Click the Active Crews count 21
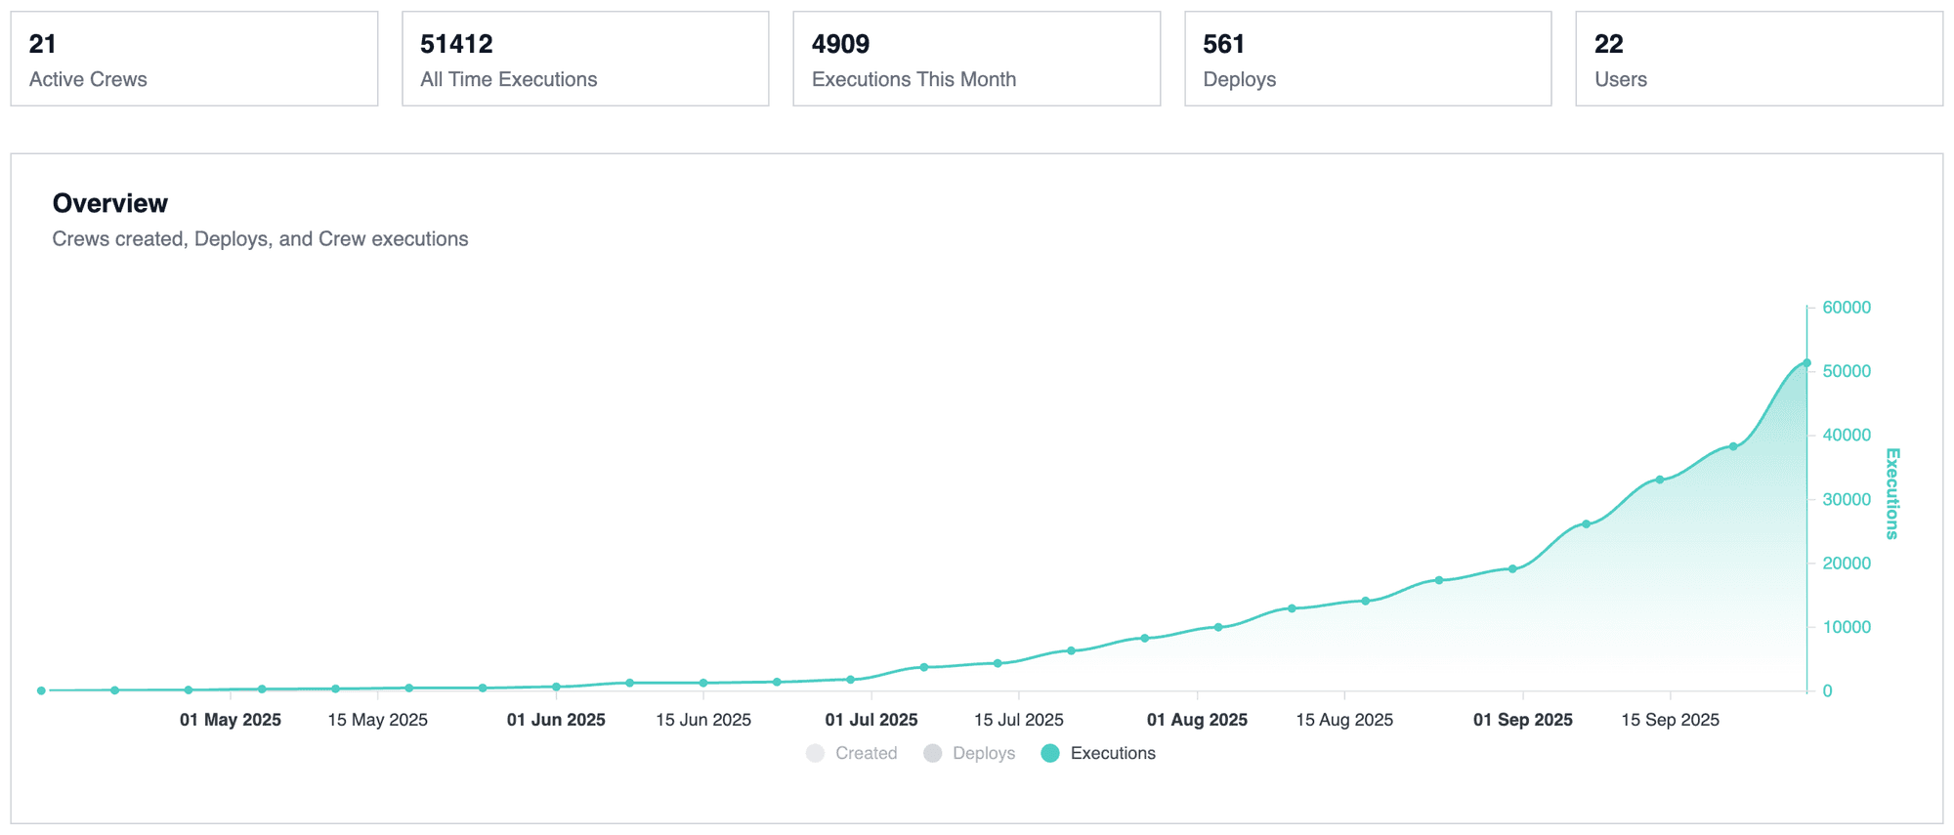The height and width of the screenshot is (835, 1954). coord(43,44)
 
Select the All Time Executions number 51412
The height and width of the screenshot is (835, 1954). coord(456,44)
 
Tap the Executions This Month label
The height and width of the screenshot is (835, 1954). coord(913,79)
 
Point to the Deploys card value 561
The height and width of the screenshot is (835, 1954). coord(1223,44)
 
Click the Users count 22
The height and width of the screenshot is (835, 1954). coord(1608,44)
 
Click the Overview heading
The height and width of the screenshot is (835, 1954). coord(110,203)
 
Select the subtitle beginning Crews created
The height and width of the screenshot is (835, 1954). coord(260,239)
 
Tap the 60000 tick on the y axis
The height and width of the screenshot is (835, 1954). coord(1846,308)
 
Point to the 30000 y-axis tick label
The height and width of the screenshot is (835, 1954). coord(1846,499)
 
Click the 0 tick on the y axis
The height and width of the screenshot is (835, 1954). coord(1827,691)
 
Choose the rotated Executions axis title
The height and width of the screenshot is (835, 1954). coord(1892,493)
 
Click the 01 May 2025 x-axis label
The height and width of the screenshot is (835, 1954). coord(231,720)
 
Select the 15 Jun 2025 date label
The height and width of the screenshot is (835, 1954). coord(703,720)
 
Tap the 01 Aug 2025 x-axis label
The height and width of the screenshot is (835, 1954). coord(1197,720)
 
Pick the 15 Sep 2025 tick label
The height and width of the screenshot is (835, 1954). coord(1670,720)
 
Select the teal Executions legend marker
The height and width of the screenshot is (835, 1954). coord(1050,753)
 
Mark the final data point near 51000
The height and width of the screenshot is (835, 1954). coord(1806,363)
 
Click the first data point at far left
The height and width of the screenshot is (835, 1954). coord(41,690)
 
